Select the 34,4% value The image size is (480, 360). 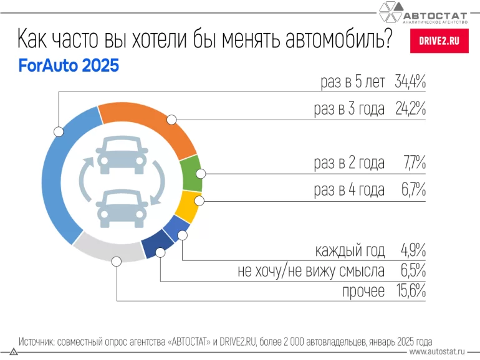(410, 82)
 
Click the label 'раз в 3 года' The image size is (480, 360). (349, 109)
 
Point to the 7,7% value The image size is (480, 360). (413, 164)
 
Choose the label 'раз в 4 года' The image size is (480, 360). (349, 190)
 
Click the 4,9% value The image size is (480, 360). (413, 251)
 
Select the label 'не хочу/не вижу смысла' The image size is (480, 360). (311, 271)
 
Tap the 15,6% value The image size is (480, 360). (410, 291)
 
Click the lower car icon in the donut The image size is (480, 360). (122, 209)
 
